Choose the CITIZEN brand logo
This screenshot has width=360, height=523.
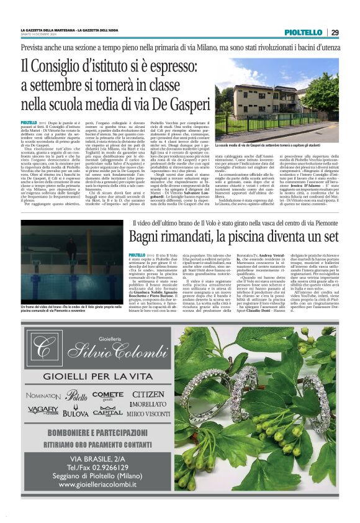[148, 395]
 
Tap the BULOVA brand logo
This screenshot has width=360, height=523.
[75, 412]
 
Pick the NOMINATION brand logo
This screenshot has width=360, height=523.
[43, 396]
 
